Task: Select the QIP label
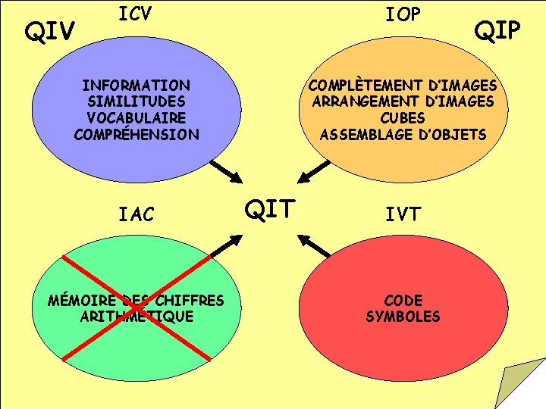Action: [497, 30]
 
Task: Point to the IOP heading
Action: [403, 14]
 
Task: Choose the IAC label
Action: [136, 214]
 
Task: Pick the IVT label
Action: [403, 214]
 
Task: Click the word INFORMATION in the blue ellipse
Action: [136, 85]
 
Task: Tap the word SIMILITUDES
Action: [136, 101]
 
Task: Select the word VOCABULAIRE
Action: [136, 118]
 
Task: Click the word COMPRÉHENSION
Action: [136, 135]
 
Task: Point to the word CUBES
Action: [403, 118]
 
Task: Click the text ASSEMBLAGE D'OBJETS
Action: [403, 135]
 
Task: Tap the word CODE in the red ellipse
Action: [403, 300]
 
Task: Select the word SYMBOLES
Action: [403, 317]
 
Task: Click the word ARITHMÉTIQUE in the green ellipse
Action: [136, 317]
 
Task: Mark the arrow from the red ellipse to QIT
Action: [314, 244]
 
